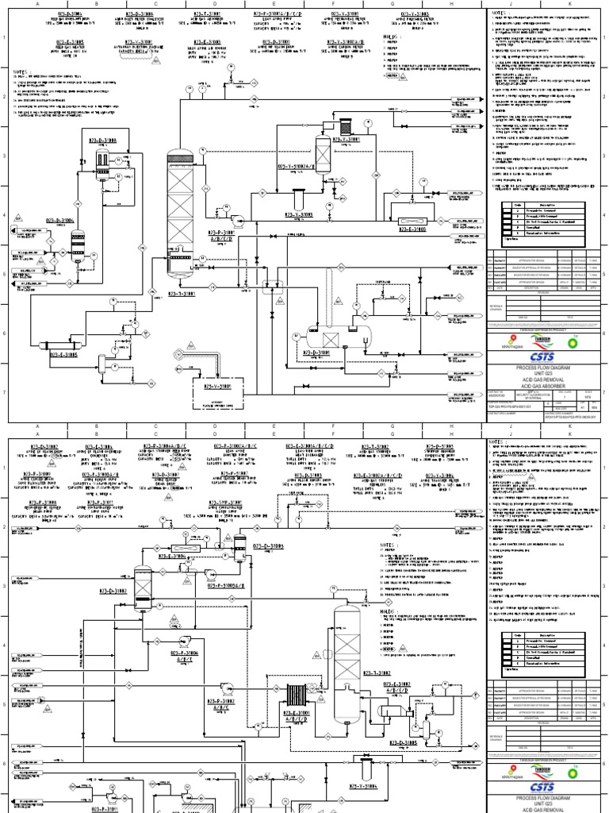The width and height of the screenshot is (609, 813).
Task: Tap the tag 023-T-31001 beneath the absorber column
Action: (182, 293)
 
